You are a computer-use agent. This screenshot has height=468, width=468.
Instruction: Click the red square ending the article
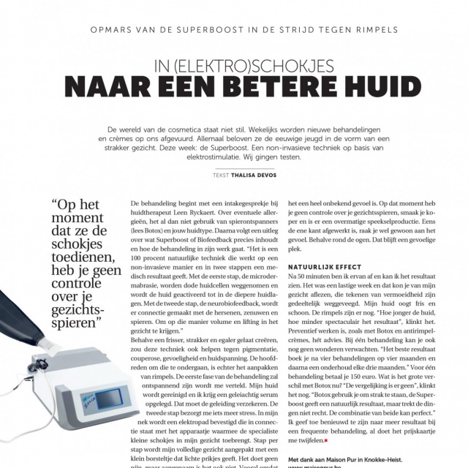point(336,441)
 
